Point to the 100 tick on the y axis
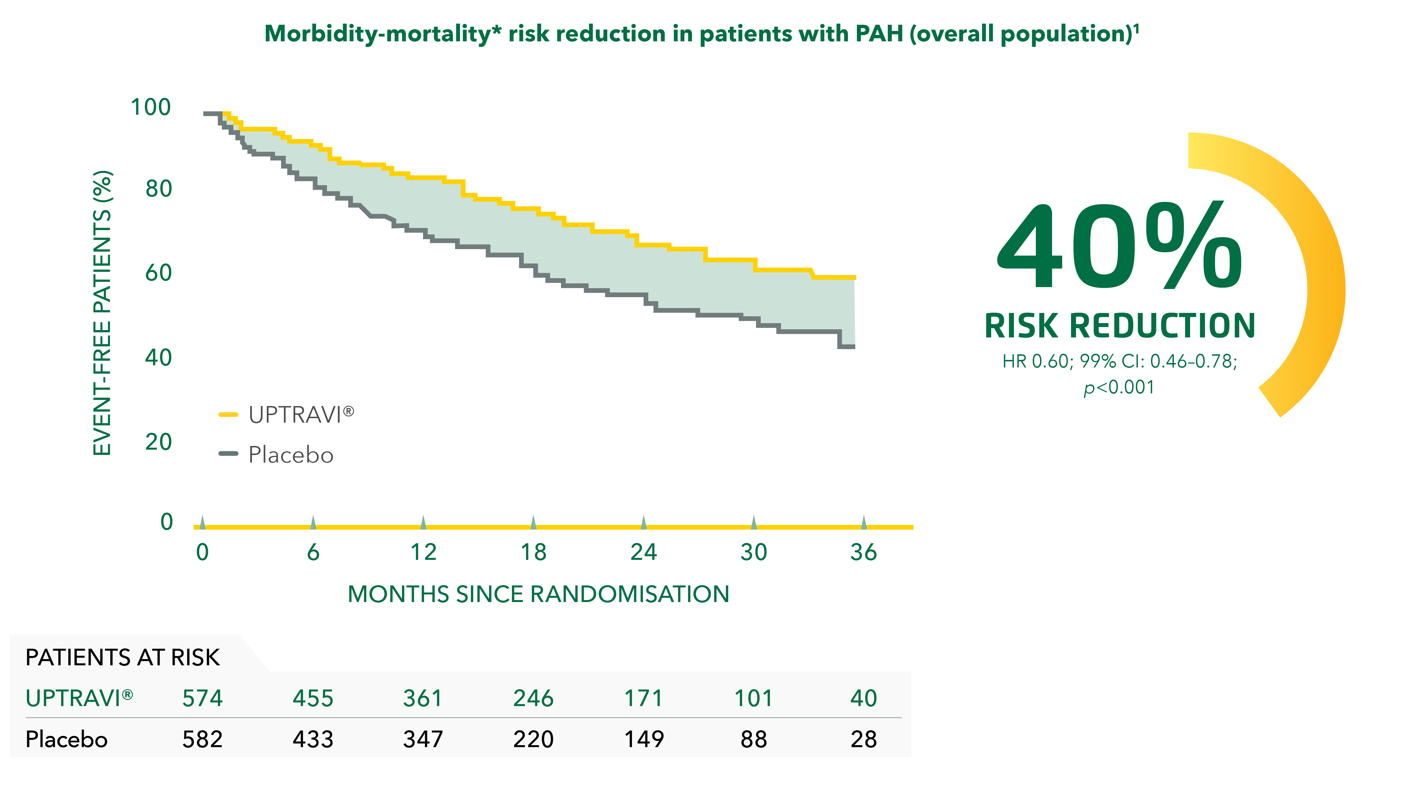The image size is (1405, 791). pos(151,107)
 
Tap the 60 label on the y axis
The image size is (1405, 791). pos(158,273)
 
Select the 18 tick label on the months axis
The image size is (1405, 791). pos(534,553)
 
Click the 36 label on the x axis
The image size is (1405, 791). pos(863,553)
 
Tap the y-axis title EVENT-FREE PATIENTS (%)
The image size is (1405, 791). pos(103,313)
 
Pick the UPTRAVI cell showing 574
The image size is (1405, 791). pos(202,698)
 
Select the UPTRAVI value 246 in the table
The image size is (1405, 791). pos(534,698)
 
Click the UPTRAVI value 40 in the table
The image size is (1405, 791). pos(863,698)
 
